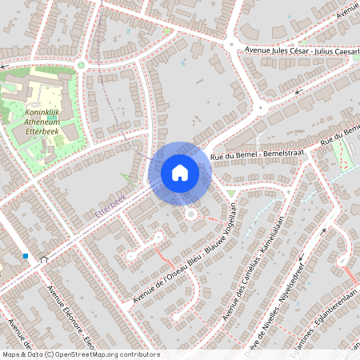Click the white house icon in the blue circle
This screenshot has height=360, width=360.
179,172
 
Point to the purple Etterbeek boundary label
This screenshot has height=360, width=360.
110,206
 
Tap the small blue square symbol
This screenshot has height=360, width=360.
26,257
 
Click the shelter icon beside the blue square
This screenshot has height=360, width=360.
44,259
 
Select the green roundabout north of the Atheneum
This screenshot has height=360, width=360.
80,65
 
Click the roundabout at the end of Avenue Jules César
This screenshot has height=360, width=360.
230,45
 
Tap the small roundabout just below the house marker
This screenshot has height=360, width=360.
190,214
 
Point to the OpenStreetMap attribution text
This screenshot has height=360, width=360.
80,354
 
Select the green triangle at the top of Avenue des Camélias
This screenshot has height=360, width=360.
231,194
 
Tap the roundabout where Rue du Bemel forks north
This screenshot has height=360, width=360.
260,108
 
